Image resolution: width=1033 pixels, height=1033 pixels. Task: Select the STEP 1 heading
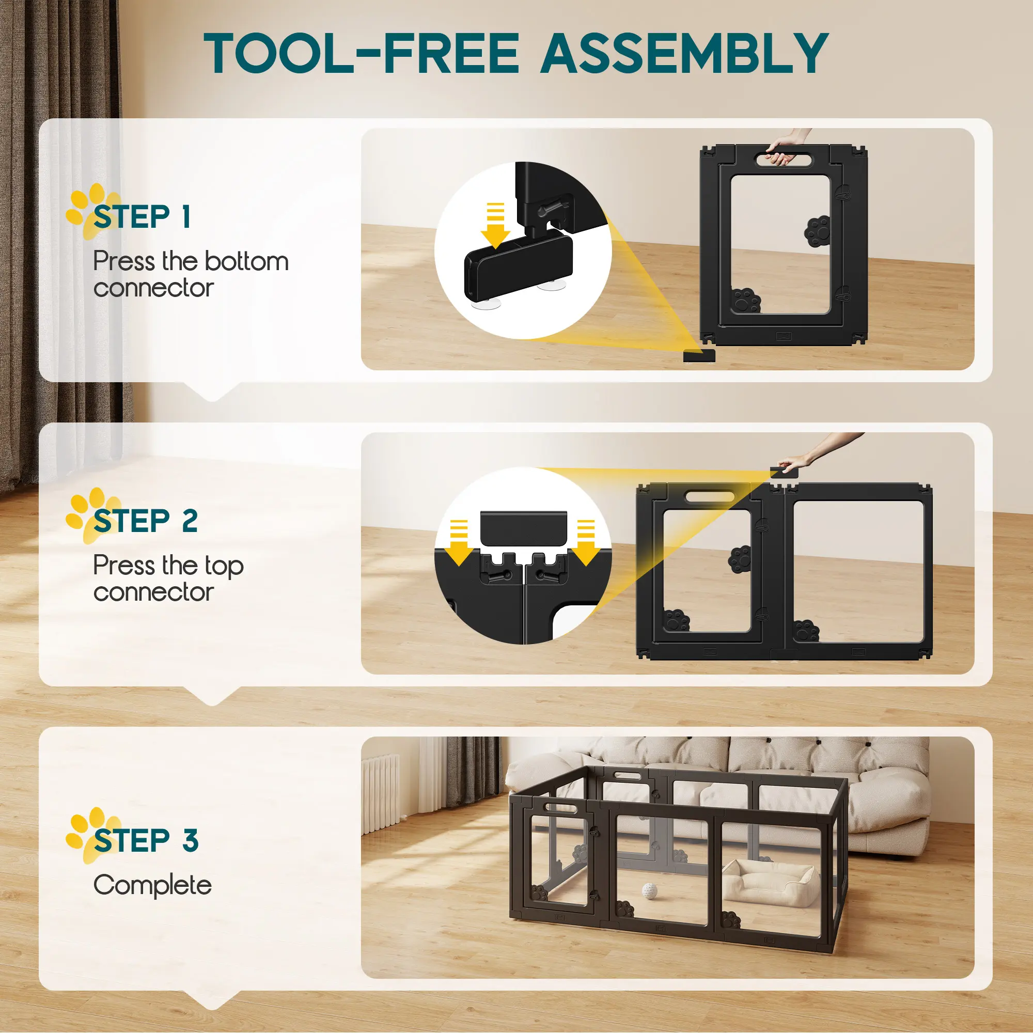tap(142, 217)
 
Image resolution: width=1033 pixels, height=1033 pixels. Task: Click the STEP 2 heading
tap(146, 521)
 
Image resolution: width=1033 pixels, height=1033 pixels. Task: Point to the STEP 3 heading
tap(146, 840)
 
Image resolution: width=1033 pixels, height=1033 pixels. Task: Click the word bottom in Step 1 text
tap(246, 261)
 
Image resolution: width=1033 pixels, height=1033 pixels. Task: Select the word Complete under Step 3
tap(152, 885)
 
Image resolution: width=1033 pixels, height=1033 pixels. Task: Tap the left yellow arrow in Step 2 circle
tap(459, 543)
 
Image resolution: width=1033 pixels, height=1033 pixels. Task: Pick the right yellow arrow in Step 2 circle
tap(586, 543)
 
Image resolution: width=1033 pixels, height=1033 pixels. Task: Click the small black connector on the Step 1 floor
tap(699, 355)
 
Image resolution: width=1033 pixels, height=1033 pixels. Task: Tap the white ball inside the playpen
tap(649, 890)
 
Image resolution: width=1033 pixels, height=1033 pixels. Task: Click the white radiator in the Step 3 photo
tap(381, 793)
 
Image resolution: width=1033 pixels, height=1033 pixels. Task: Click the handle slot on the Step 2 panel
tap(710, 497)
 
